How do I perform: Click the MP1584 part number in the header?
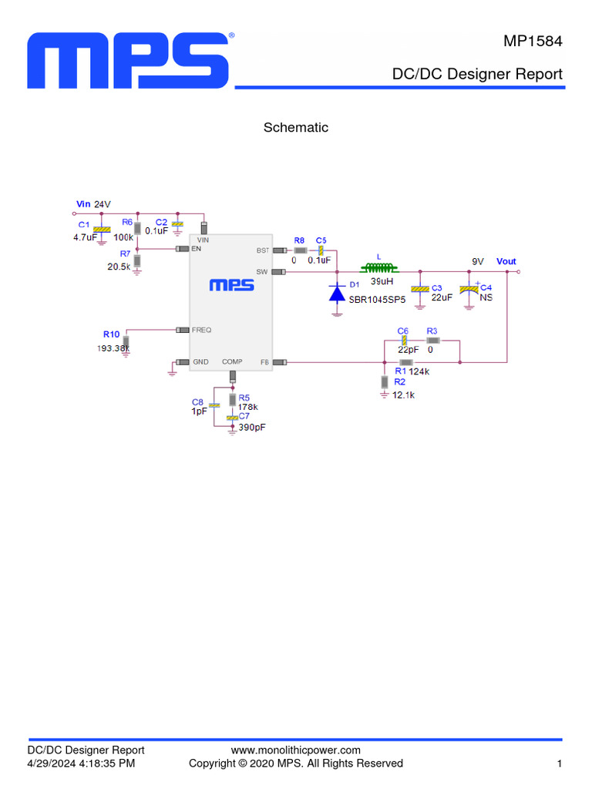coord(533,42)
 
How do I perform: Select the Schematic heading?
coord(296,128)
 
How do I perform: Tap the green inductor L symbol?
coord(378,269)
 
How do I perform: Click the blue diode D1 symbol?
coord(337,294)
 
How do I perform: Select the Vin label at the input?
coord(83,204)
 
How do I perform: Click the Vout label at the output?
coord(506,262)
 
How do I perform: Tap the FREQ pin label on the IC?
coord(201,330)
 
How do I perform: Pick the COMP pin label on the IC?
coord(232,361)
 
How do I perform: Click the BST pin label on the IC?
coord(262,251)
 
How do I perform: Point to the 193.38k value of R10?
coord(113,348)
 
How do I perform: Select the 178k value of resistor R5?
coord(247,407)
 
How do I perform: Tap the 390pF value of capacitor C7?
coord(252,427)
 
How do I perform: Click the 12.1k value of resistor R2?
coord(404,394)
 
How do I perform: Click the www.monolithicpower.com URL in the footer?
coord(296,750)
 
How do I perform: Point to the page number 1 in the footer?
coord(559,764)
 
